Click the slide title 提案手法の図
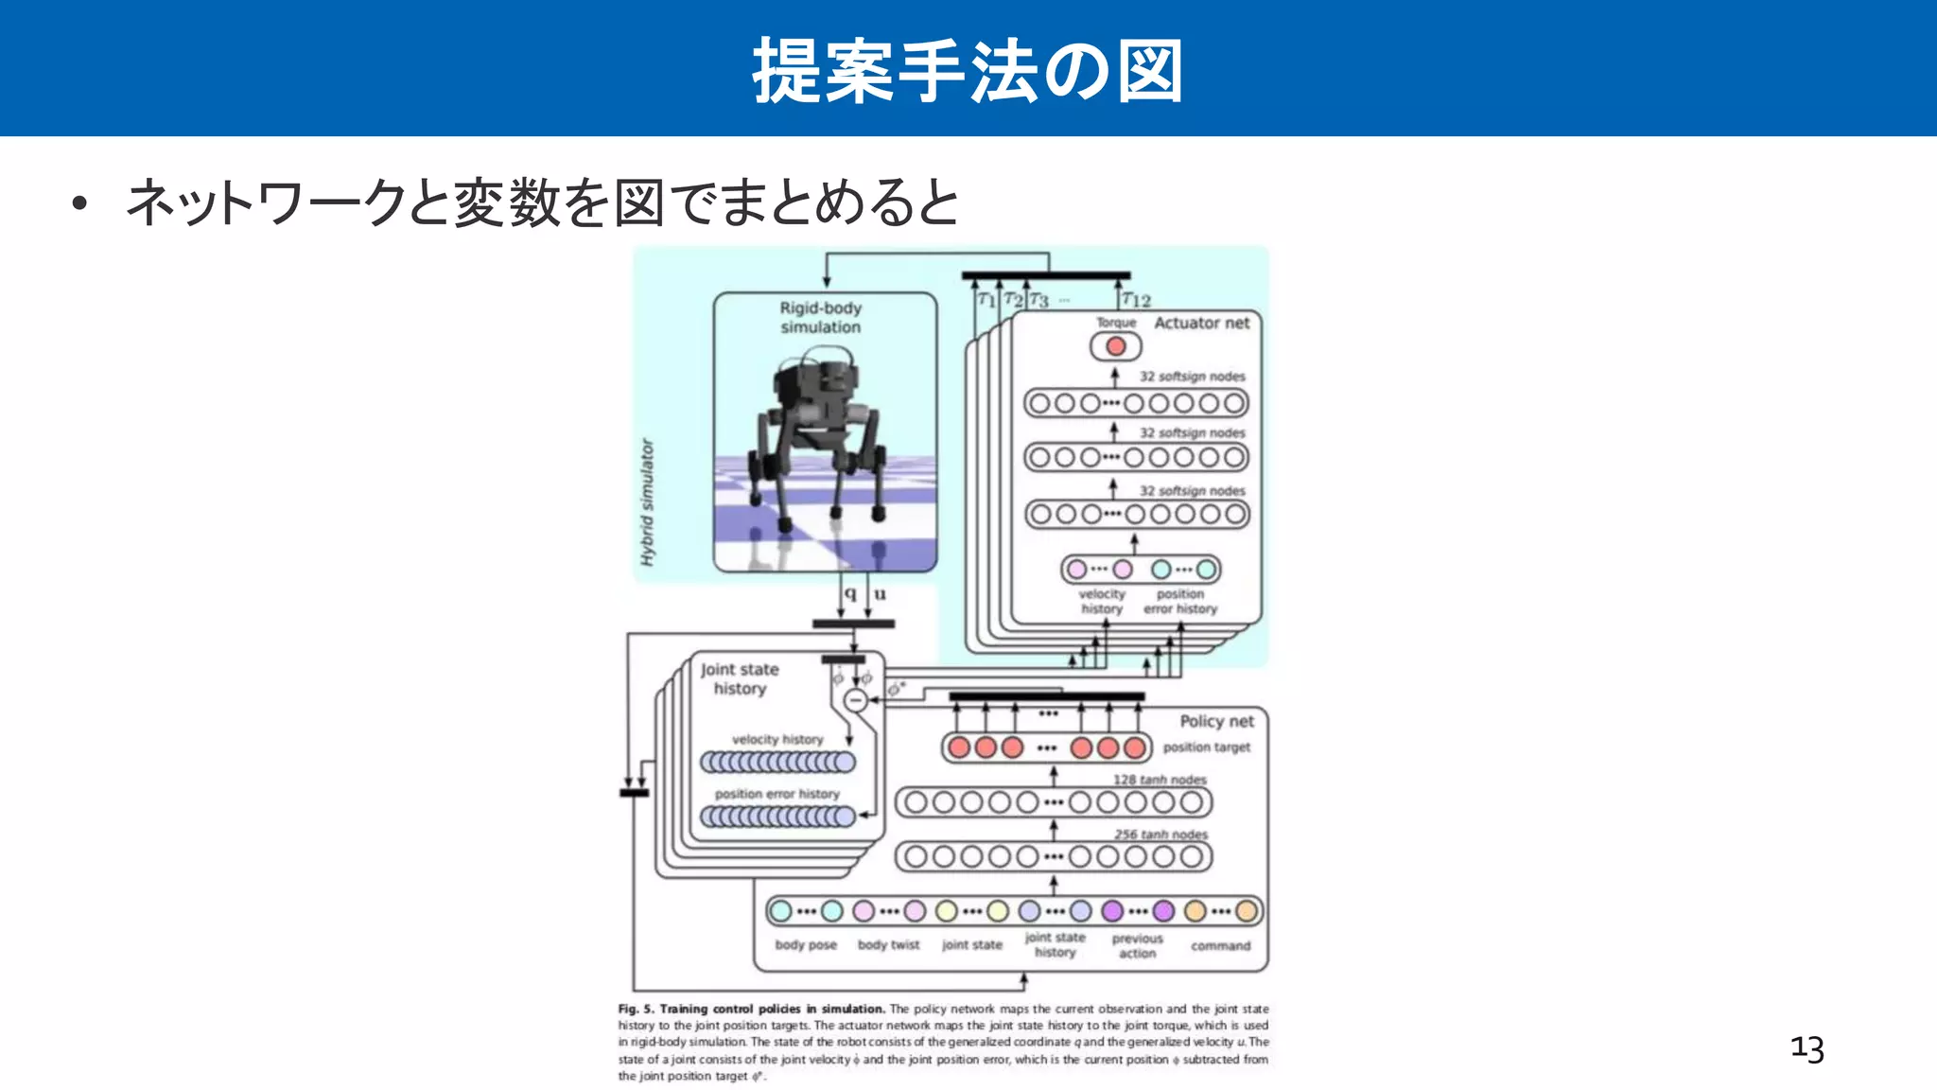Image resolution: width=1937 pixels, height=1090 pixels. [x=968, y=71]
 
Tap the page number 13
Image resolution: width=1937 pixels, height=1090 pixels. [x=1806, y=1048]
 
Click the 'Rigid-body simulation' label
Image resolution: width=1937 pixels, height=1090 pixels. [x=820, y=318]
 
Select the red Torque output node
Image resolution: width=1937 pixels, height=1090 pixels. [x=1116, y=346]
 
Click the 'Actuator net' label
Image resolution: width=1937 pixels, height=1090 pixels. [x=1201, y=323]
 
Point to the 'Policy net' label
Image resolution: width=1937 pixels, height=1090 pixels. [x=1216, y=721]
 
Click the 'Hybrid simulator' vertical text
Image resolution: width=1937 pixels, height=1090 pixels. [x=647, y=501]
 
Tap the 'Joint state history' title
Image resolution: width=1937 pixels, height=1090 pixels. [x=740, y=678]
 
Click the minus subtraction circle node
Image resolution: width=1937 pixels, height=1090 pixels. [x=855, y=700]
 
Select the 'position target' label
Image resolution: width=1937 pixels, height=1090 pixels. [x=1206, y=747]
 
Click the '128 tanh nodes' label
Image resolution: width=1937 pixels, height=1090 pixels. [x=1160, y=780]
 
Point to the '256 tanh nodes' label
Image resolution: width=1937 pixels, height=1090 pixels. [x=1160, y=835]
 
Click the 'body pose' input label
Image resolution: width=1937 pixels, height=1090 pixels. [x=806, y=944]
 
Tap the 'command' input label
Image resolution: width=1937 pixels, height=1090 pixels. [x=1220, y=945]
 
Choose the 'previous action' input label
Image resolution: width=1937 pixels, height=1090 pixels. [x=1137, y=946]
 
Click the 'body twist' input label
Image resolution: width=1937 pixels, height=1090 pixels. [x=888, y=944]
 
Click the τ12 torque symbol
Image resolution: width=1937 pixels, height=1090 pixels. [x=1135, y=300]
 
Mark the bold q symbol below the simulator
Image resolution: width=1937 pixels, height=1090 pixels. [x=850, y=593]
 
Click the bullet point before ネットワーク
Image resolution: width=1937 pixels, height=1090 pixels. [x=79, y=203]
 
